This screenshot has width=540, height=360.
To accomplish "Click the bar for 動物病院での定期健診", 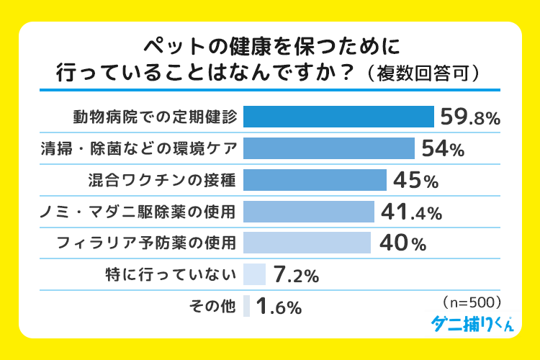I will pos(338,117).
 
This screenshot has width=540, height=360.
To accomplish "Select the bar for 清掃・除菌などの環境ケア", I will pos(329,148).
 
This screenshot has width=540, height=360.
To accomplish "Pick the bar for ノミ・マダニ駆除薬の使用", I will pos(309,211).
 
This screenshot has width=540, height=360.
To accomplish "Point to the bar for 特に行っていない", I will pos(255,274).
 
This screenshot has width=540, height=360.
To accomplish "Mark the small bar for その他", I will pos(246,306).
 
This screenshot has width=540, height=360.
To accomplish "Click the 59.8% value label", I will pos(469,117).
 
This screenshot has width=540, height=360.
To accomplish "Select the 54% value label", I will pos(442,149).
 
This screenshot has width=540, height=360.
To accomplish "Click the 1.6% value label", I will pos(279,307).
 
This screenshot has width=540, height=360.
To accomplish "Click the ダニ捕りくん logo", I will pos(472,323).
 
